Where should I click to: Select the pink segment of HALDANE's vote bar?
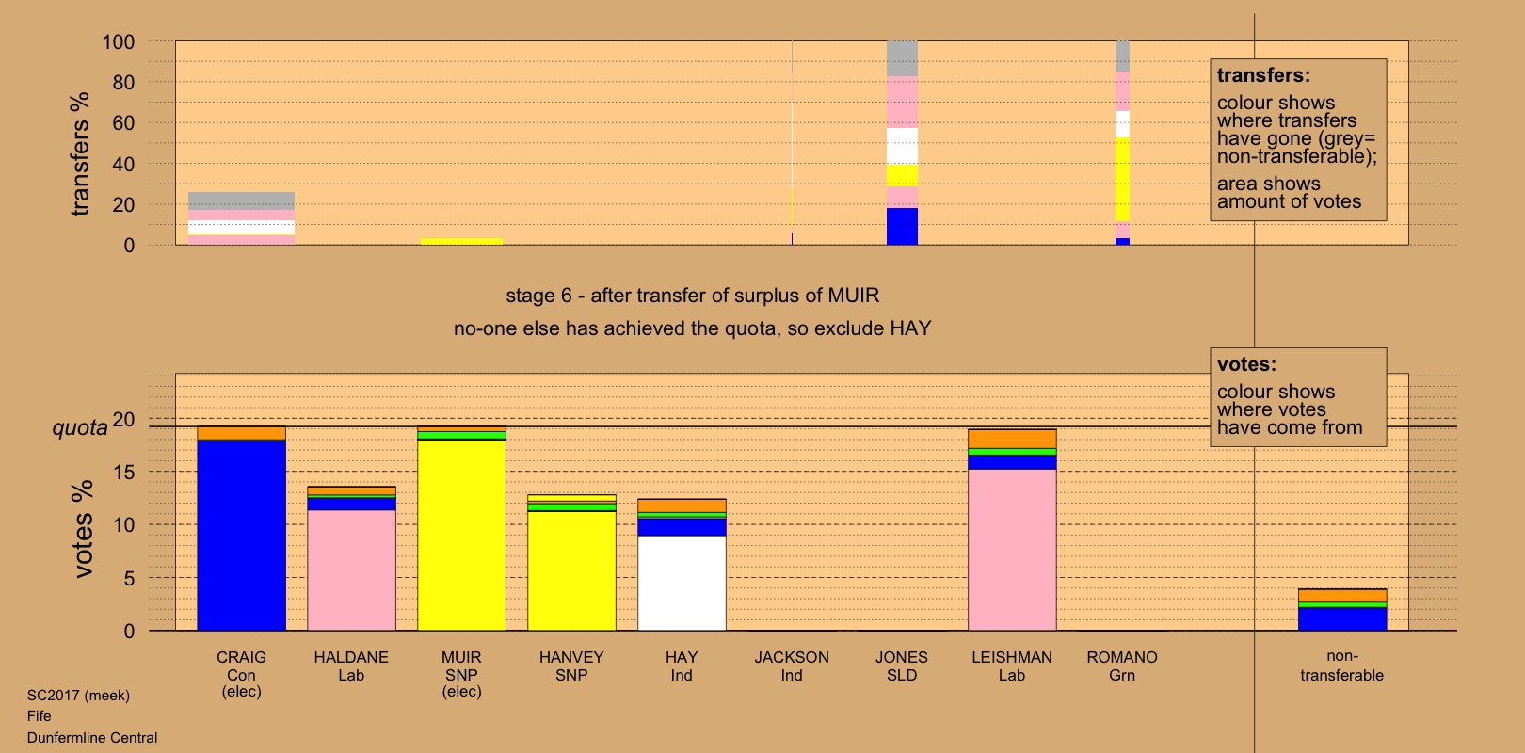(351, 569)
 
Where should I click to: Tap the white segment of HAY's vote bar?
(682, 583)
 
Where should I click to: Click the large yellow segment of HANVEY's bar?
(571, 570)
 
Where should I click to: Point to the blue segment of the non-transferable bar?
(1342, 618)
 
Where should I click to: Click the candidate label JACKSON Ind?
(792, 665)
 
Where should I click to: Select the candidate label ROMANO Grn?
(1122, 665)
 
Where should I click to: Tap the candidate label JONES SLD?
(902, 665)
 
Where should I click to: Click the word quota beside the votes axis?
(80, 428)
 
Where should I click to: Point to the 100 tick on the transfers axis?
(119, 42)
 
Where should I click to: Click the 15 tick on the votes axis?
(124, 473)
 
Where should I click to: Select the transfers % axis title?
(80, 153)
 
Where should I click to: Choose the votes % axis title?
(83, 528)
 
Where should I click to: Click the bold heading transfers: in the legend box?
(1263, 75)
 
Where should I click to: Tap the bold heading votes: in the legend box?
(1246, 364)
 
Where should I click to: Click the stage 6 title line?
(692, 296)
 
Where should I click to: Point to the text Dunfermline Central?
(92, 738)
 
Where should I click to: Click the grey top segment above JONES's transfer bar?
(902, 58)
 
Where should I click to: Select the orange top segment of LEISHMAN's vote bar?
(1012, 439)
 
